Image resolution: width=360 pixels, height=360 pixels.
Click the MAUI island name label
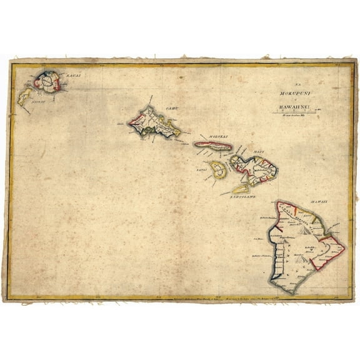pyautogui.click(x=259, y=152)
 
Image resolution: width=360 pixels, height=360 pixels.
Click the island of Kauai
pyautogui.click(x=47, y=81)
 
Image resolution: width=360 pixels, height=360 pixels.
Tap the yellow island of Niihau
pyautogui.click(x=26, y=96)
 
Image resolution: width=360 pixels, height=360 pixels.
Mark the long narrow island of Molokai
pyautogui.click(x=213, y=145)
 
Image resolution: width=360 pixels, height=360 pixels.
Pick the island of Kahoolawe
pyautogui.click(x=241, y=187)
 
